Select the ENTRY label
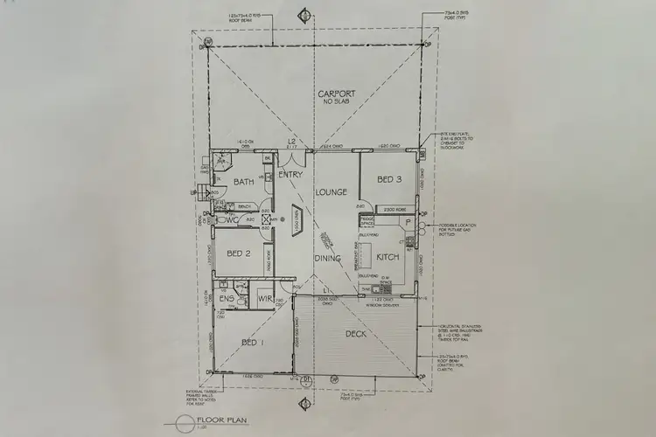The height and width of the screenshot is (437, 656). point(290,175)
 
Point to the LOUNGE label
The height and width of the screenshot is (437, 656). point(332,192)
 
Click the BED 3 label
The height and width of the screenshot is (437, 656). point(388,180)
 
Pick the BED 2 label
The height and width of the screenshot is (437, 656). point(239,254)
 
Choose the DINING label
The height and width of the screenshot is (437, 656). point(327,259)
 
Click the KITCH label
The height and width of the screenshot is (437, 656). point(387,259)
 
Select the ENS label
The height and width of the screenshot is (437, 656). point(227,300)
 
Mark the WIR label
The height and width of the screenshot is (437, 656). point(266,300)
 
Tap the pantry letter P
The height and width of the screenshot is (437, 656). point(408,222)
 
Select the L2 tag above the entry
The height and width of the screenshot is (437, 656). point(295,142)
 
